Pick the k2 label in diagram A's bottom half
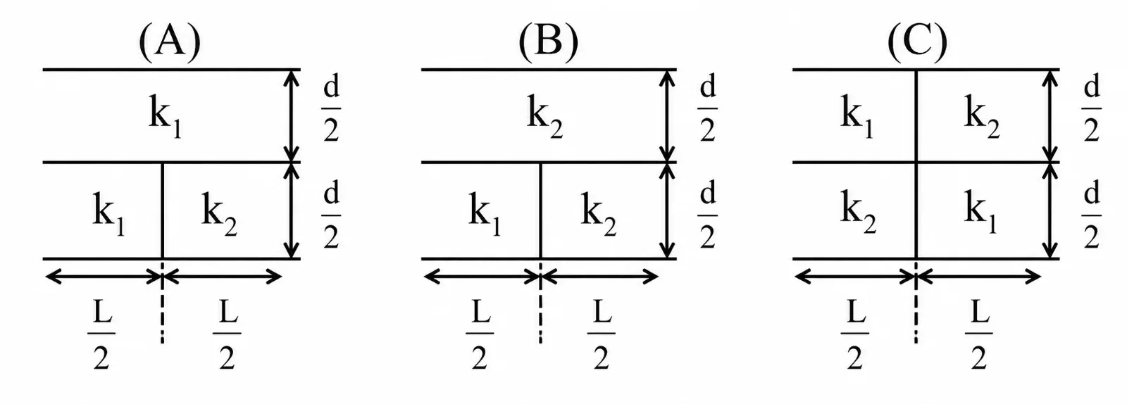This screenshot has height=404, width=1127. coord(219,215)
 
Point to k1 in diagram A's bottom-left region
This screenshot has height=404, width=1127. coord(108,215)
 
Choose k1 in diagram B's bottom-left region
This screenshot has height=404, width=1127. coord(485,215)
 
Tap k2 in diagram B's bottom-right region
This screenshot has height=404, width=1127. coord(599,215)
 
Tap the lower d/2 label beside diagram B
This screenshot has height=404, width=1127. coord(707,215)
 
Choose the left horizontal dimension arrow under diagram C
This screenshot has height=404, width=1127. coord(855,277)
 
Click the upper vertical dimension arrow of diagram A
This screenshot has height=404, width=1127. coord(292,115)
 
